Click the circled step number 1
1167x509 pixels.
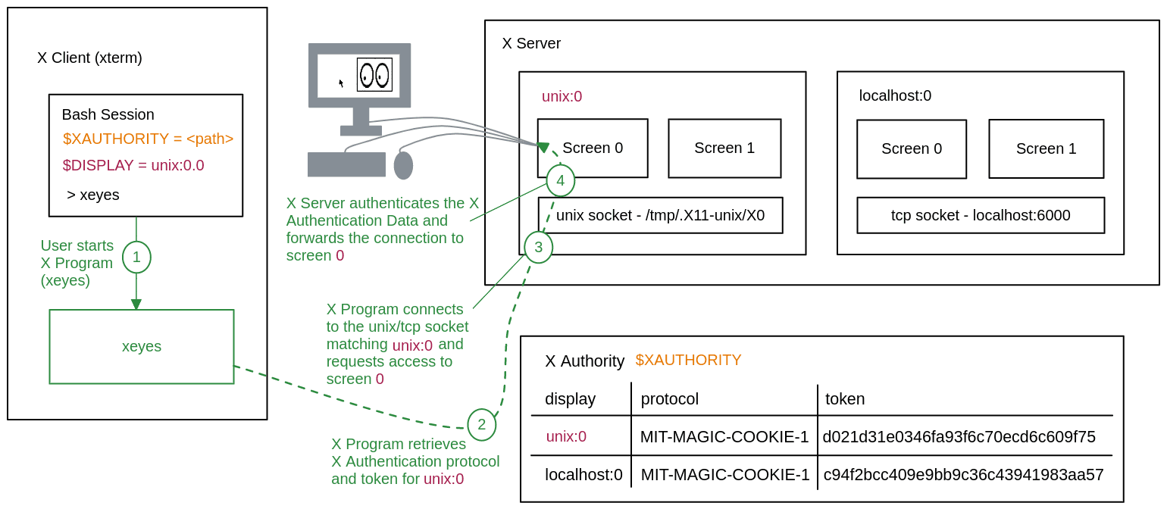coord(136,257)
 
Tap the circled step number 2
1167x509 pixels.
coord(481,424)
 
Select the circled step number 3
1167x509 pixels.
coord(538,247)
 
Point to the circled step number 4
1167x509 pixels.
coord(560,180)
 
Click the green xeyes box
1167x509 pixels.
coord(142,346)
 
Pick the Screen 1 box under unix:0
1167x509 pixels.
coord(724,148)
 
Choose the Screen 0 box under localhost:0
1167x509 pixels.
coord(912,148)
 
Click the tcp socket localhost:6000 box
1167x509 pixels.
coord(981,215)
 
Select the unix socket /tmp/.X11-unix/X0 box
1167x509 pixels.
coord(660,215)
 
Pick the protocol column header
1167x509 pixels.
coord(669,398)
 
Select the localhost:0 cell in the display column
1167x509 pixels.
coord(583,475)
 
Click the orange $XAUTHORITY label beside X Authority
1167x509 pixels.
coord(688,360)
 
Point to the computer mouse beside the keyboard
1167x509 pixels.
coord(403,165)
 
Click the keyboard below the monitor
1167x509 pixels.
coord(346,164)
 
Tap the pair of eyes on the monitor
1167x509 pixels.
coord(374,75)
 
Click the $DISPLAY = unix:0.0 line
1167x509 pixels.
coord(133,165)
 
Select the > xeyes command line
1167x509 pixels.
coord(93,195)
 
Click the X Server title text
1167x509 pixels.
coord(531,43)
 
